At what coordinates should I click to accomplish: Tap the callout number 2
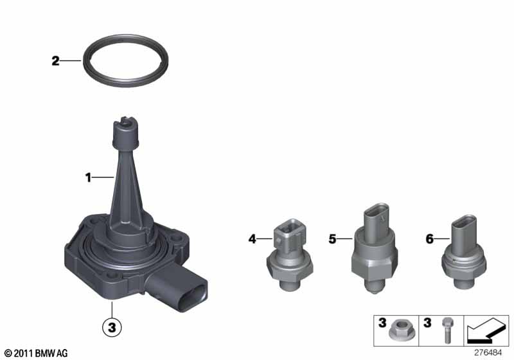point(56,60)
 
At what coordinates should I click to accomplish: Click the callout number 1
point(88,177)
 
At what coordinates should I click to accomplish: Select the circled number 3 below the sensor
point(112,327)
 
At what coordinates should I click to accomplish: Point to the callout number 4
point(252,239)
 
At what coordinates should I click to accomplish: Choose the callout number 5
point(332,239)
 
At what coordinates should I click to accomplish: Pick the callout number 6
point(429,239)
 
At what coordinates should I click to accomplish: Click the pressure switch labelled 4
point(290,255)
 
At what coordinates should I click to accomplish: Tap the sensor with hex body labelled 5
point(375,249)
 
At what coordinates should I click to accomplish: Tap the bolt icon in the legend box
point(447,330)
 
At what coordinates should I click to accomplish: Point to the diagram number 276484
point(488,352)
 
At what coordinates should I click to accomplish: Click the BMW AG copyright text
point(37,353)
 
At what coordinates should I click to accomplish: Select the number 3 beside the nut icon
point(382,323)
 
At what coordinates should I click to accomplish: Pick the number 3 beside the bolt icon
point(427,323)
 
